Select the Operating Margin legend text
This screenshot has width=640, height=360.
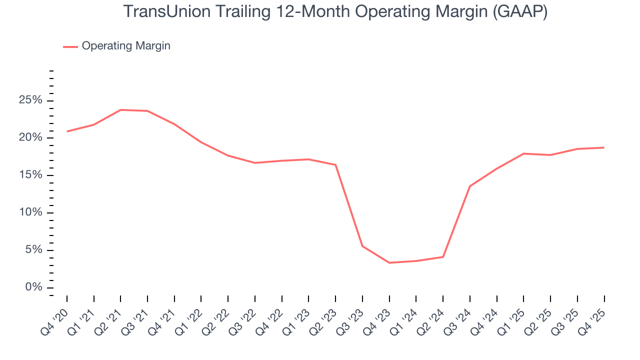126,46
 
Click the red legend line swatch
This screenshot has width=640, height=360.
70,46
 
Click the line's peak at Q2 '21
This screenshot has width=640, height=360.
120,110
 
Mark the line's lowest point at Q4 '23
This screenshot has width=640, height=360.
389,262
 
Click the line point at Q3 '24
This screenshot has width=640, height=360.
470,186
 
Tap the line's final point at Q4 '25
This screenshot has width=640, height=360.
604,147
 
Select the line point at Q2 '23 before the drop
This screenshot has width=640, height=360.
335,165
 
